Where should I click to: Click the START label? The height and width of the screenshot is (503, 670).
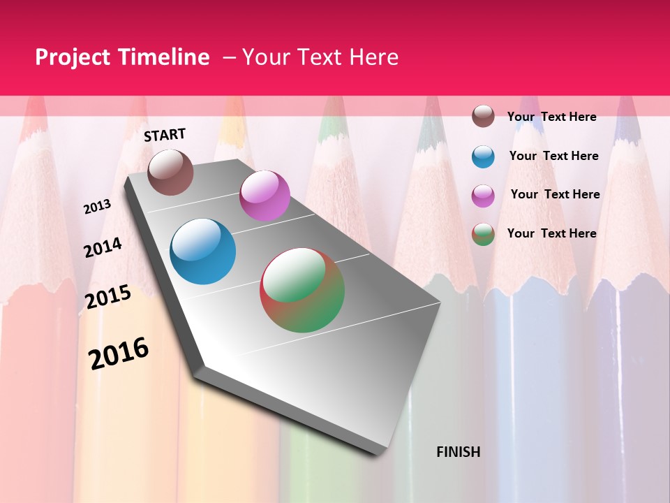click(165, 135)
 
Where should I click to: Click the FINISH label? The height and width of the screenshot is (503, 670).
click(459, 452)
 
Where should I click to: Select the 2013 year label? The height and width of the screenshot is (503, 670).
click(98, 207)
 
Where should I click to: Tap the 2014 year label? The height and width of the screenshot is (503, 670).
click(103, 247)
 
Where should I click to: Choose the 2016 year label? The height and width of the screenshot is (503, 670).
click(119, 353)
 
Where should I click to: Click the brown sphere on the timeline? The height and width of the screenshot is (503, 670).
click(170, 172)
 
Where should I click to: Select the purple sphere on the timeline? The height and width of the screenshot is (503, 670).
click(265, 196)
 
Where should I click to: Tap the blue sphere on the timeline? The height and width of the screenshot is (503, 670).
click(202, 251)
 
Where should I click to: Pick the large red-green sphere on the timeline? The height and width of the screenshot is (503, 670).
click(302, 290)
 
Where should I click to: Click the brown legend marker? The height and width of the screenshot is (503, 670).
click(483, 117)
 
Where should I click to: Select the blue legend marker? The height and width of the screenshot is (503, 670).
click(483, 156)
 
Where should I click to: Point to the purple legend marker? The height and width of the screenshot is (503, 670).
click(483, 196)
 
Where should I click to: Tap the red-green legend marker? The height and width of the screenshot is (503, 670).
click(483, 234)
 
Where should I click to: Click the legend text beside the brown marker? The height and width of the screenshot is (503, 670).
click(551, 117)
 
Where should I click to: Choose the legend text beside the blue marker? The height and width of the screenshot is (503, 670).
click(553, 156)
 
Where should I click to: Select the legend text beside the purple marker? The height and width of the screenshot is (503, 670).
click(555, 194)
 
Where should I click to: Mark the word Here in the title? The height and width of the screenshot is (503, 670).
click(374, 57)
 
